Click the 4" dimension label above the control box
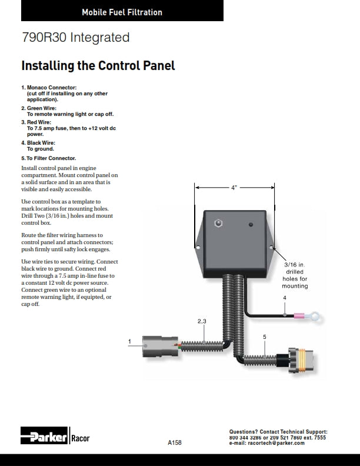tap(234, 188)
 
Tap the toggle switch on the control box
tap(218, 224)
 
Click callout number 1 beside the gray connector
tap(129, 341)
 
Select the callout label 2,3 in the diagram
tap(202, 321)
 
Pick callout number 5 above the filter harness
tap(265, 337)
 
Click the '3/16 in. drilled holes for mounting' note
tap(295, 275)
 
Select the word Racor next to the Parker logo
tap(81, 439)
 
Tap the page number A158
tap(175, 443)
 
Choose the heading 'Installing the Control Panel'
tap(98, 65)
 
